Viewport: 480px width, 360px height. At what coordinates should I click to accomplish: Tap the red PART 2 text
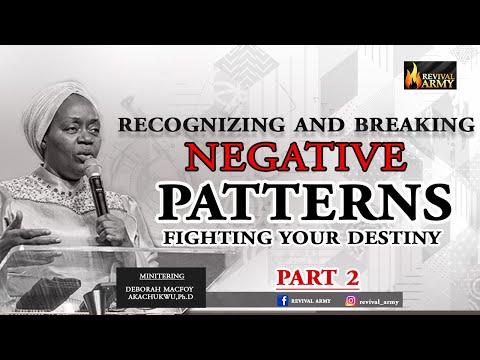318,274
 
